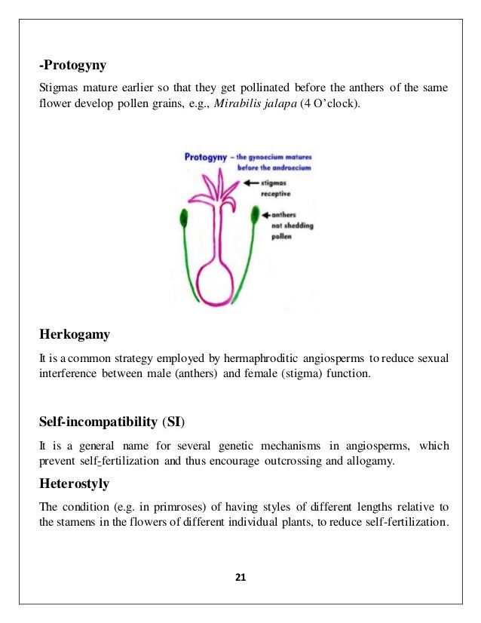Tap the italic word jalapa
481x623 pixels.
(x=280, y=103)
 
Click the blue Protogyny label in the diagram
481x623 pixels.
(x=208, y=157)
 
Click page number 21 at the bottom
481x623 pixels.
(x=240, y=578)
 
